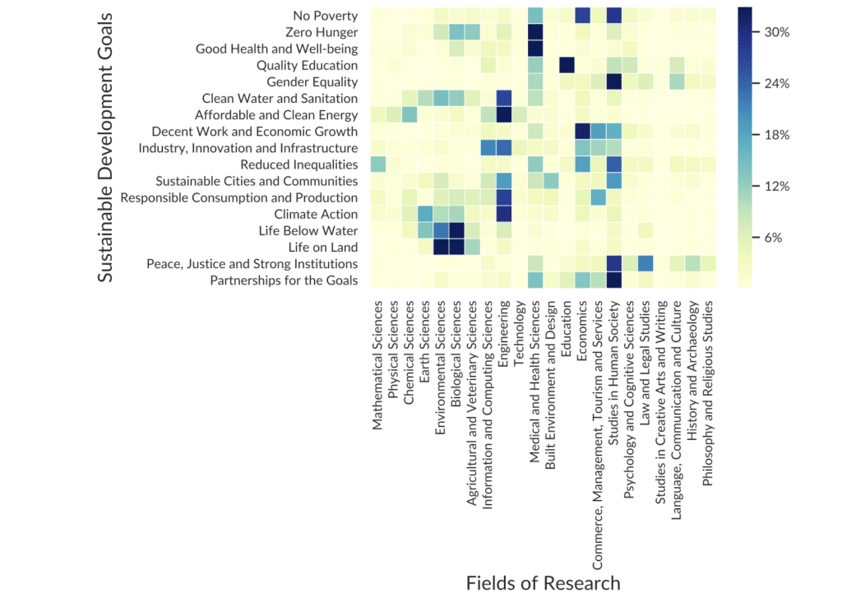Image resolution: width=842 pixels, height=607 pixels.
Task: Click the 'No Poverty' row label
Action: coord(325,16)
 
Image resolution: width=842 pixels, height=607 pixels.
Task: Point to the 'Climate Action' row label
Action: coord(317,214)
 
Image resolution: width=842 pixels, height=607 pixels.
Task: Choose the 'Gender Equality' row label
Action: coord(312,81)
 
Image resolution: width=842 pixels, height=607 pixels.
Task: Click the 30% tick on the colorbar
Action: coord(777,32)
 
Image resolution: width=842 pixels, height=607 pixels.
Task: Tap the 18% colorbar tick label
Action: coord(777,135)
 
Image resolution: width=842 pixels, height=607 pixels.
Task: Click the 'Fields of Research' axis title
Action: coord(543,583)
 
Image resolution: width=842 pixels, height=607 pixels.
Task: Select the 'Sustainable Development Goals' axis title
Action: coord(105,148)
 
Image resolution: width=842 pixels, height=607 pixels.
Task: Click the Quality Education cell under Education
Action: coord(567,65)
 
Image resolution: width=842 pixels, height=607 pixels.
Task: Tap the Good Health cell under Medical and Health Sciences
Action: coord(535,49)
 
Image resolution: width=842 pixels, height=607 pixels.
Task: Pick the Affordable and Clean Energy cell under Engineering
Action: coord(504,114)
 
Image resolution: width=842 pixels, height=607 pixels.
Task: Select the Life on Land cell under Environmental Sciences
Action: coord(441,247)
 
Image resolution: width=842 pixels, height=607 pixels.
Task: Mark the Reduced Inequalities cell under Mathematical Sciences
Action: coord(377,164)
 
